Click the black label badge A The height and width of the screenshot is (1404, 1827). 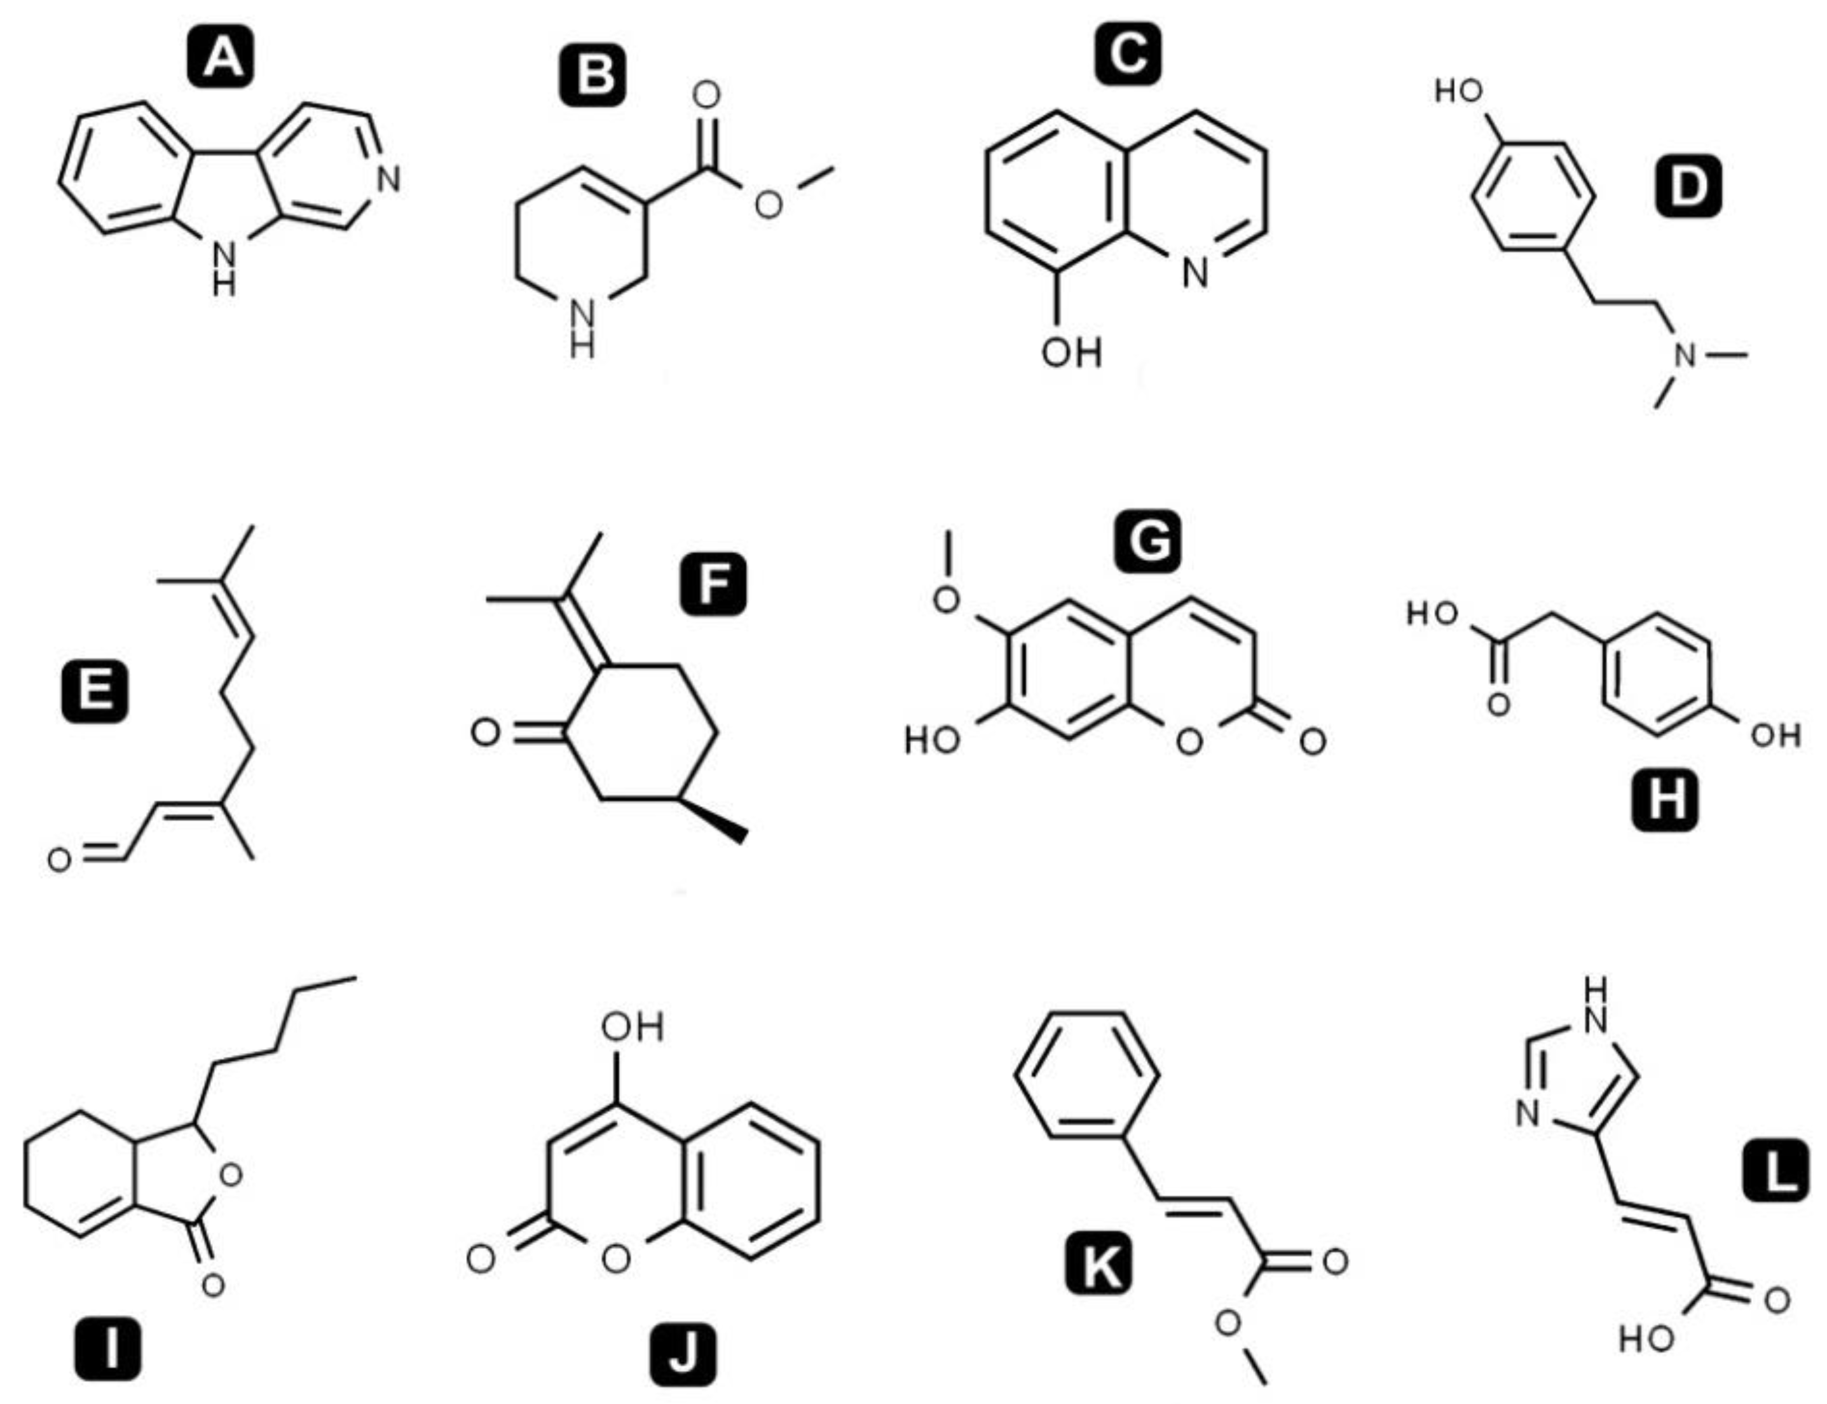(x=221, y=58)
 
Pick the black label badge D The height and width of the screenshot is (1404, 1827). (x=1688, y=186)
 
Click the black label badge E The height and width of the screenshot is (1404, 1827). (x=94, y=692)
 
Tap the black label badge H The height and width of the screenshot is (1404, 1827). (x=1666, y=799)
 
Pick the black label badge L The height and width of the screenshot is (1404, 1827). (x=1776, y=1173)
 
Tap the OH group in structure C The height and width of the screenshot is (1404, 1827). (x=1071, y=353)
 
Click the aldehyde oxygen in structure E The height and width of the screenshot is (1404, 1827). (x=58, y=860)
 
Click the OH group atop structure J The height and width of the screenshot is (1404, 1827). (x=633, y=1027)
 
